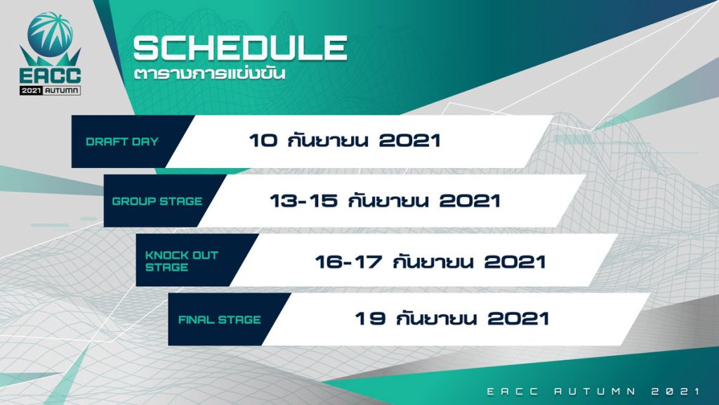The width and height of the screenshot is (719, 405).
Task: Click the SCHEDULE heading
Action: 240,49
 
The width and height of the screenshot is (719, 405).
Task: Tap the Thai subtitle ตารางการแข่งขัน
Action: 209,73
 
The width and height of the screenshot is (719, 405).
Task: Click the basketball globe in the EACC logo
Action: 50,34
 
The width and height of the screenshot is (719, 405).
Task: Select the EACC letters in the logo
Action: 50,75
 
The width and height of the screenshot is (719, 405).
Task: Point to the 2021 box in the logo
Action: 31,91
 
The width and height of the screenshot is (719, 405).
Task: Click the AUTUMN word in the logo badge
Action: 62,91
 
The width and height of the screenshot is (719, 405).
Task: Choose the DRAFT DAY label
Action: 122,141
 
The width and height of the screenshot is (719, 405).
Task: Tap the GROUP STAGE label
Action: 157,201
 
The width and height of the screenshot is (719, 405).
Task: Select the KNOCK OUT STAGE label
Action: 182,261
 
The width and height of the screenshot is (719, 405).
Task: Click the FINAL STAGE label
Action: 219,320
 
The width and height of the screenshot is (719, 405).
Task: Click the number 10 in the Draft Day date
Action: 263,141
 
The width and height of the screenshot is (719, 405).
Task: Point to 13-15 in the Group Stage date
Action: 303,200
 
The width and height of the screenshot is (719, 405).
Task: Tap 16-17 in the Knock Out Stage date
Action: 348,262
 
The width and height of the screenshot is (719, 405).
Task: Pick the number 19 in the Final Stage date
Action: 370,319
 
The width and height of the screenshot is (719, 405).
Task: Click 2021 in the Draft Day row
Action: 410,141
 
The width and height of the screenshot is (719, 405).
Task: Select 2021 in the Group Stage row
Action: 470,200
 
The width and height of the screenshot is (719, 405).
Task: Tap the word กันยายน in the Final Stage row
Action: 436,317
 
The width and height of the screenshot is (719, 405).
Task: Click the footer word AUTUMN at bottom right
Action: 595,391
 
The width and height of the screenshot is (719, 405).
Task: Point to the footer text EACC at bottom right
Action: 513,391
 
